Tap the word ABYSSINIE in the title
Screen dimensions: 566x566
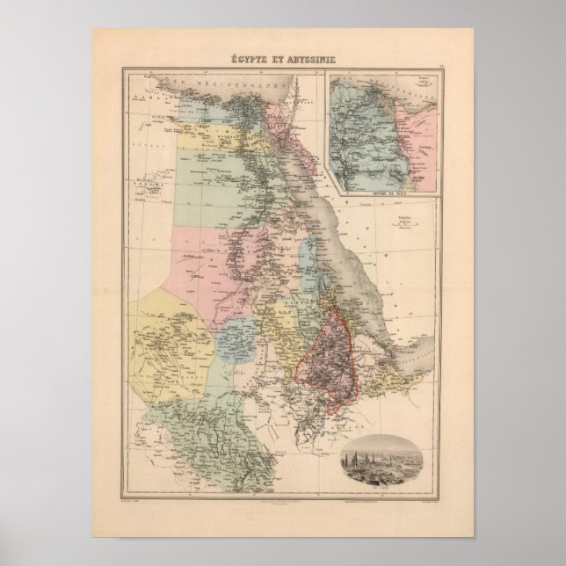point(310,61)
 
